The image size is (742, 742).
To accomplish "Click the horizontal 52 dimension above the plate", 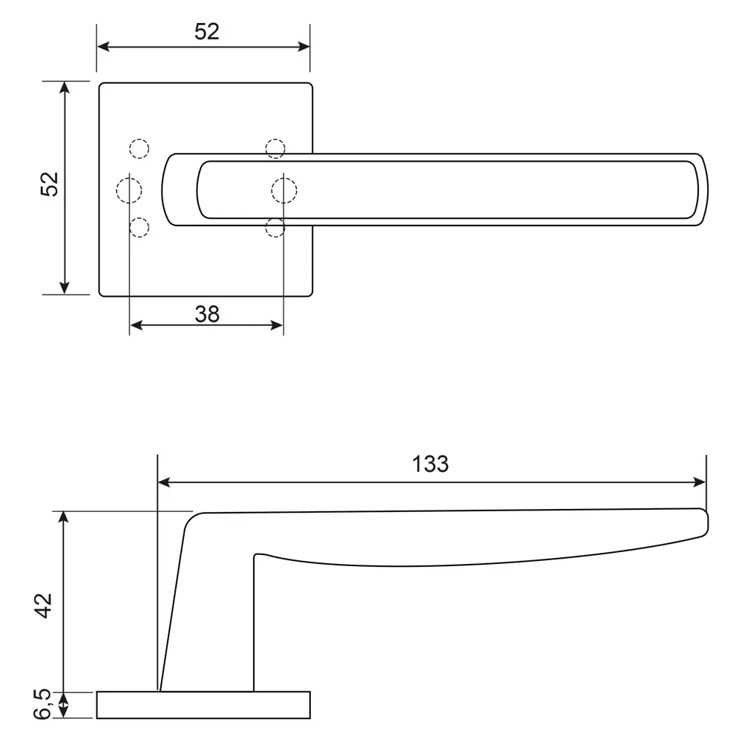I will click(x=207, y=32).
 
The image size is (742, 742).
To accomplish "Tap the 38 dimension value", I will click(x=207, y=314).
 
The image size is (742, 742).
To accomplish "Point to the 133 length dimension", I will click(x=430, y=464).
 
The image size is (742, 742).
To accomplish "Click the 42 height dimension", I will click(x=45, y=605).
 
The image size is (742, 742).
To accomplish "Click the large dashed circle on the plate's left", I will click(x=129, y=191).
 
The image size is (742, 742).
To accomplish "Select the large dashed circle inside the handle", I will click(x=283, y=191).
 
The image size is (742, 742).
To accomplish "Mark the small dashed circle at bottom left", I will click(x=139, y=227).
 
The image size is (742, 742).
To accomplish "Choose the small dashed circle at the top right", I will click(x=275, y=148).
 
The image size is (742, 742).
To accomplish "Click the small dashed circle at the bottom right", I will click(x=275, y=228).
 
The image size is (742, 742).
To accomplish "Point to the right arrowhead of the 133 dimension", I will click(x=699, y=482).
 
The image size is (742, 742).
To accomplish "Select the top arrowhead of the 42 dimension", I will click(x=65, y=518).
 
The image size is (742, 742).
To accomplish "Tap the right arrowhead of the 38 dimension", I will click(x=277, y=325).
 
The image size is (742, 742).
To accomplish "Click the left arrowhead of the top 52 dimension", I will click(x=104, y=47).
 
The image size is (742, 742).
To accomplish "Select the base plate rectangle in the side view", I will click(x=203, y=705).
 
